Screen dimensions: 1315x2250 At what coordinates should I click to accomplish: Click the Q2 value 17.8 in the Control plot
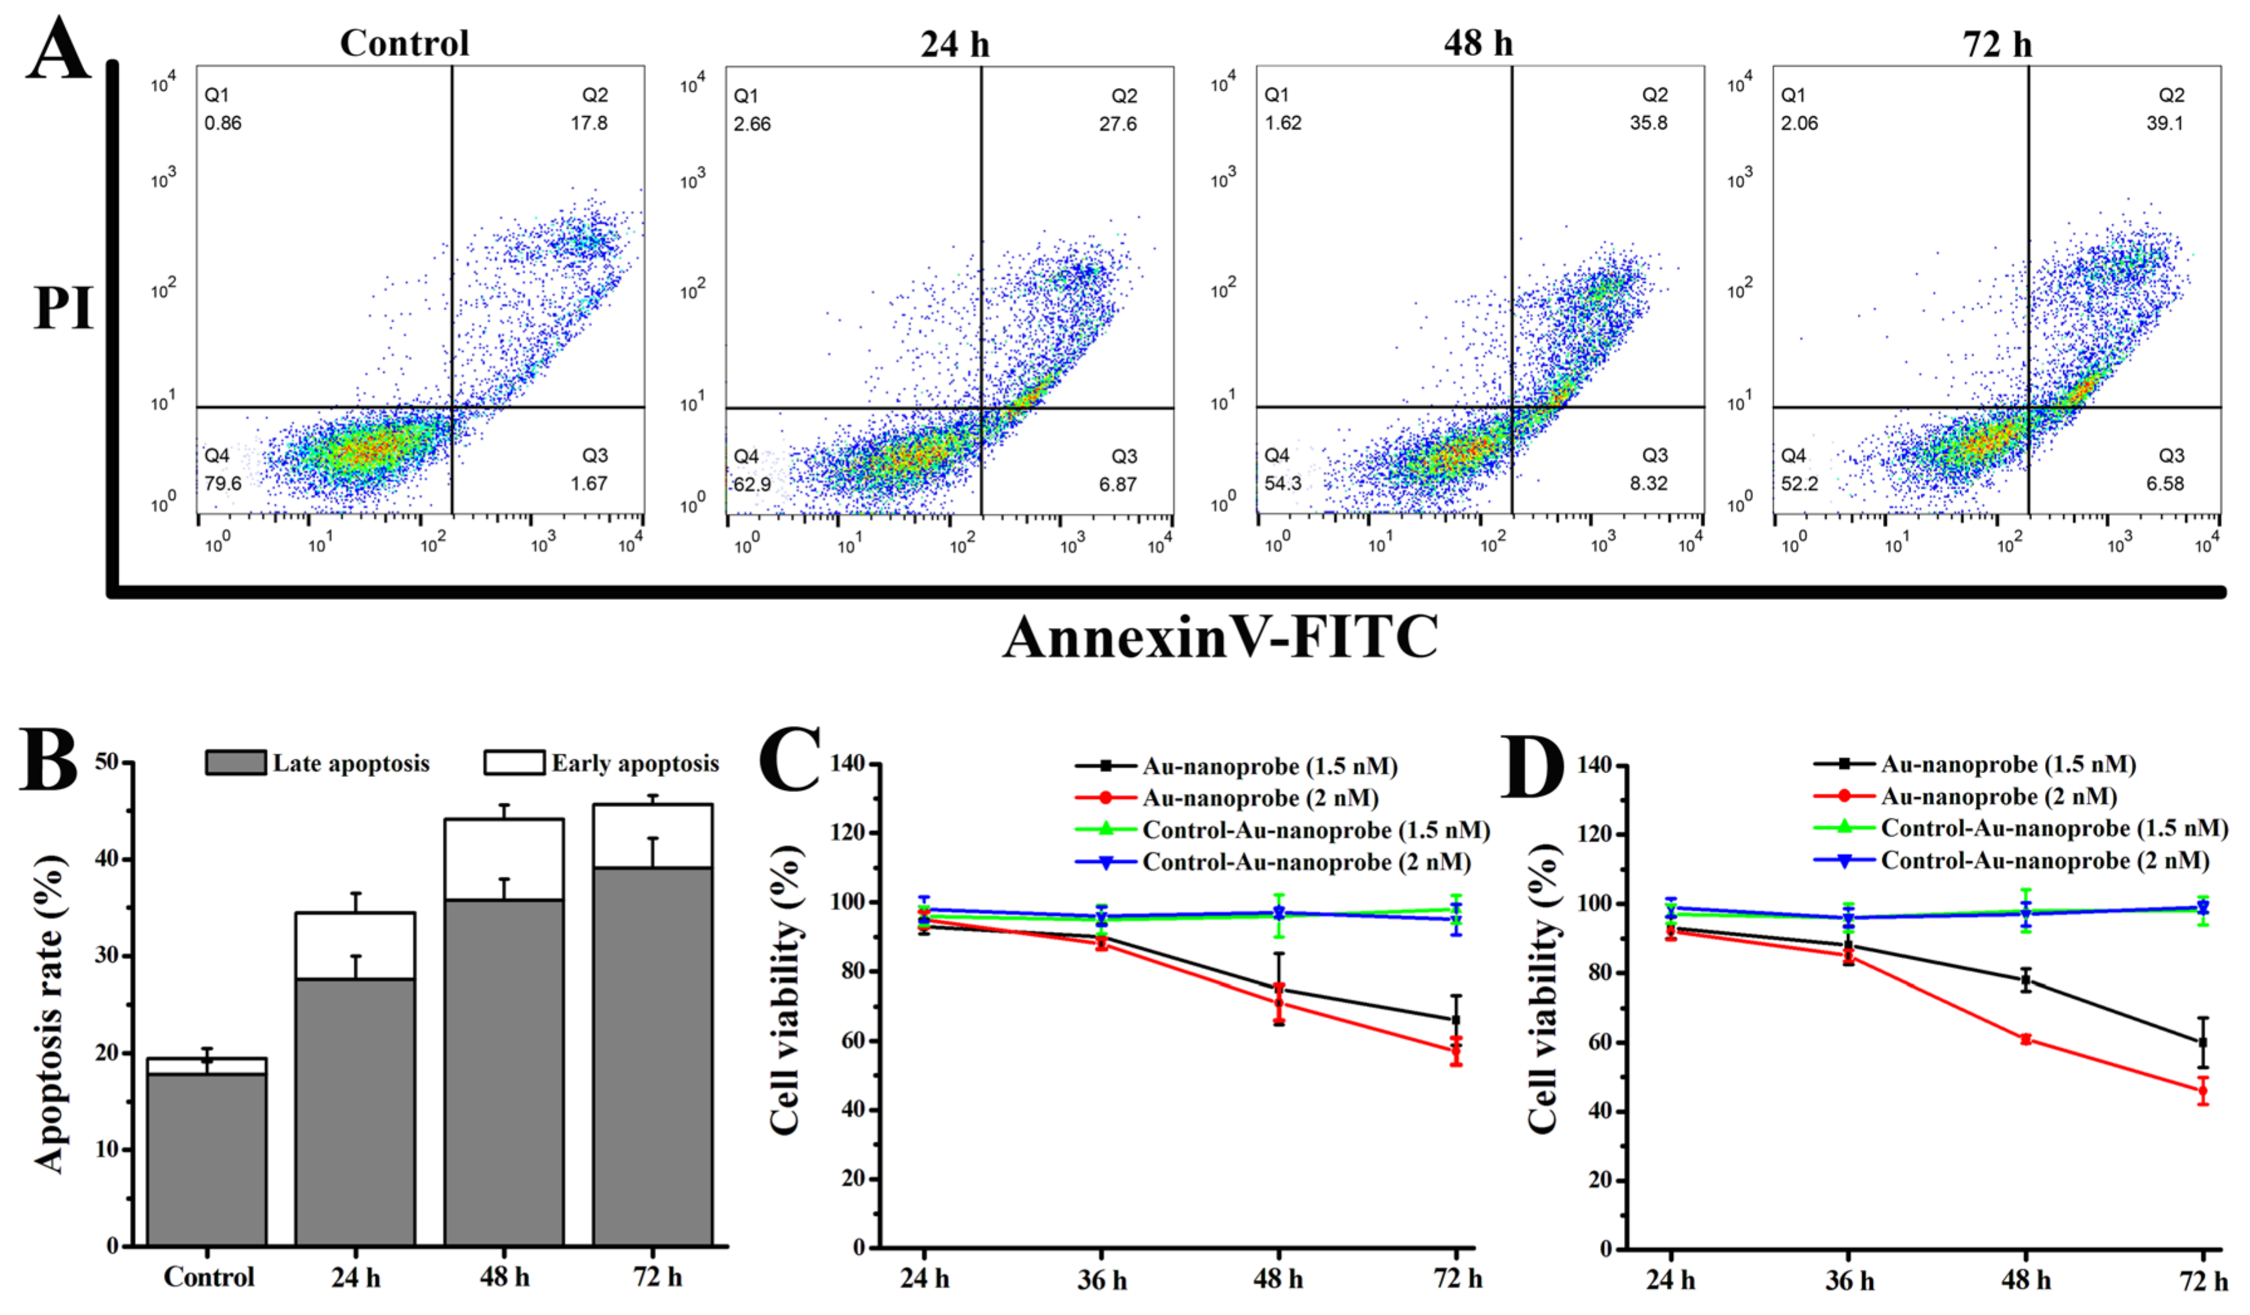590,123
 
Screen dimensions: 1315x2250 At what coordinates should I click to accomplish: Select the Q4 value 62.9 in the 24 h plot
752,485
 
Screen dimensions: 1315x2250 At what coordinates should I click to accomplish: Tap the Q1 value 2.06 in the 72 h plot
1799,123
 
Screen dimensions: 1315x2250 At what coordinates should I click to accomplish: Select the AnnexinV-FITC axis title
1220,637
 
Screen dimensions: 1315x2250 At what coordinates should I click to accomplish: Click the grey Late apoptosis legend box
235,762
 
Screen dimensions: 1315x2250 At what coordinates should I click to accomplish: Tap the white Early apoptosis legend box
513,762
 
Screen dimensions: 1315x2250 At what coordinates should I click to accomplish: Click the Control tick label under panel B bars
209,1277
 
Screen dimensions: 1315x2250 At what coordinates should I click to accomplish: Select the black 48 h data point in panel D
2026,980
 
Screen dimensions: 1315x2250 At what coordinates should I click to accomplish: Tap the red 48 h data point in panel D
2026,1039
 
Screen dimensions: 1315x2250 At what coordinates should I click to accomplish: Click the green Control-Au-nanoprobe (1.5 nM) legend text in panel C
1316,830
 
